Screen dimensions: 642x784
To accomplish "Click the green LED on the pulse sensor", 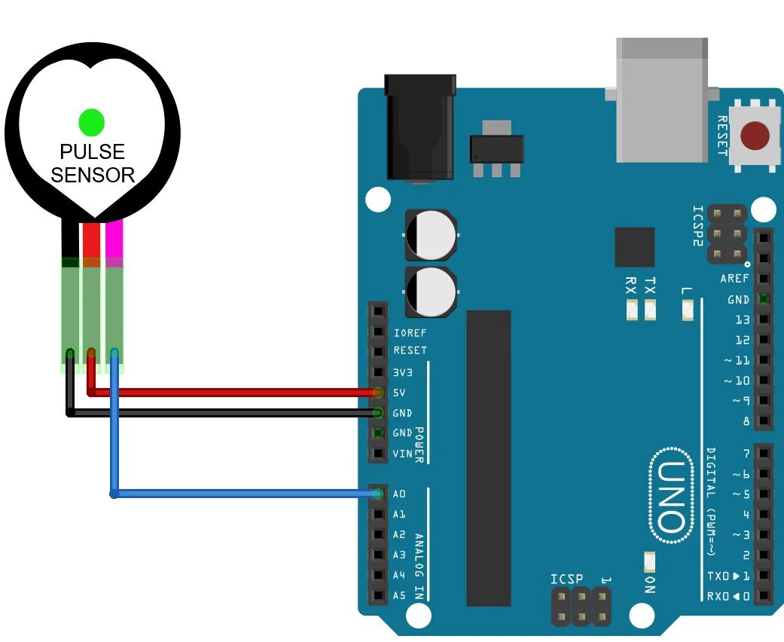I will (91, 122).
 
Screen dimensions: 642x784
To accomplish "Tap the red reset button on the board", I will (755, 136).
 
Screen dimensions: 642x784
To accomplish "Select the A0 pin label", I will (399, 494).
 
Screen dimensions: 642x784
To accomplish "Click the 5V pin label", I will (399, 393).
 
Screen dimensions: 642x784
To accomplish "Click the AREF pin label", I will (734, 279).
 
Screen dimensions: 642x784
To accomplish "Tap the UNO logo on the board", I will (670, 496).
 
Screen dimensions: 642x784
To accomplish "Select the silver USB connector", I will (662, 98).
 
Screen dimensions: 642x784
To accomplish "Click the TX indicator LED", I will (649, 309).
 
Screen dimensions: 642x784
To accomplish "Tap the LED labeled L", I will (687, 309).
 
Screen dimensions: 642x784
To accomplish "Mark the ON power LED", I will (649, 561).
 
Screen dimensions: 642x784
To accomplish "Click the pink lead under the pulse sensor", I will (114, 240).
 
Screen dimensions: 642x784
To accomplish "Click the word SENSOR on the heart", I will (93, 176).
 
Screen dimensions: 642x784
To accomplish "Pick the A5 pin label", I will (399, 596).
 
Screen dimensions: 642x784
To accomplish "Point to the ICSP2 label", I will (697, 226).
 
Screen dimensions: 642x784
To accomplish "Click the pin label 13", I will (743, 319).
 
